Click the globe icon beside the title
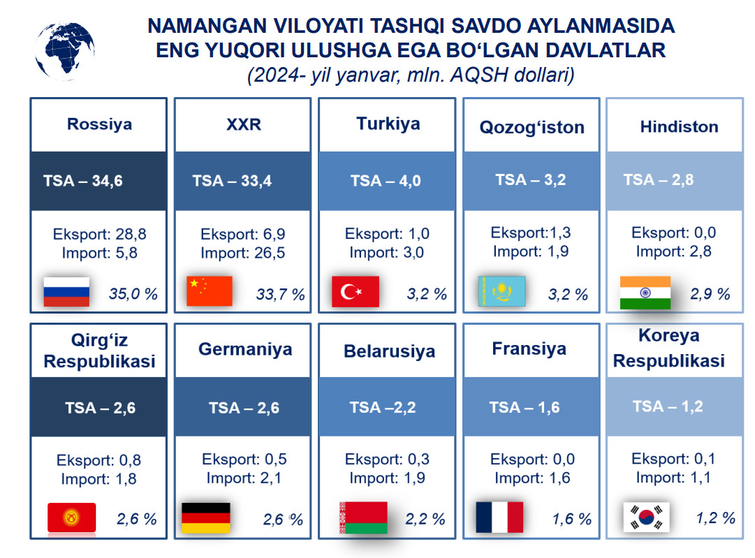tap(64, 50)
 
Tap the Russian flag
tap(66, 292)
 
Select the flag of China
tap(210, 291)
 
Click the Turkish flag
tap(355, 291)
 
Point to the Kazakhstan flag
tap(501, 291)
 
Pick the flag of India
tap(645, 293)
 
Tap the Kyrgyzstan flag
tap(72, 517)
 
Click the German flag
tap(206, 517)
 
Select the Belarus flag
tap(364, 517)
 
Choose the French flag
tap(499, 517)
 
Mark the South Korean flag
tap(646, 517)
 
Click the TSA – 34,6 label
tap(83, 181)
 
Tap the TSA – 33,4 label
tap(232, 181)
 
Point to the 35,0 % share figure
tap(133, 294)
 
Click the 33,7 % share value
tap(280, 294)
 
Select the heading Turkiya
tap(388, 124)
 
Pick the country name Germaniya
tap(245, 349)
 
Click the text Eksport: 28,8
tap(100, 234)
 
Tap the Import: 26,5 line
tap(242, 253)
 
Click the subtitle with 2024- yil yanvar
tap(411, 75)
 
